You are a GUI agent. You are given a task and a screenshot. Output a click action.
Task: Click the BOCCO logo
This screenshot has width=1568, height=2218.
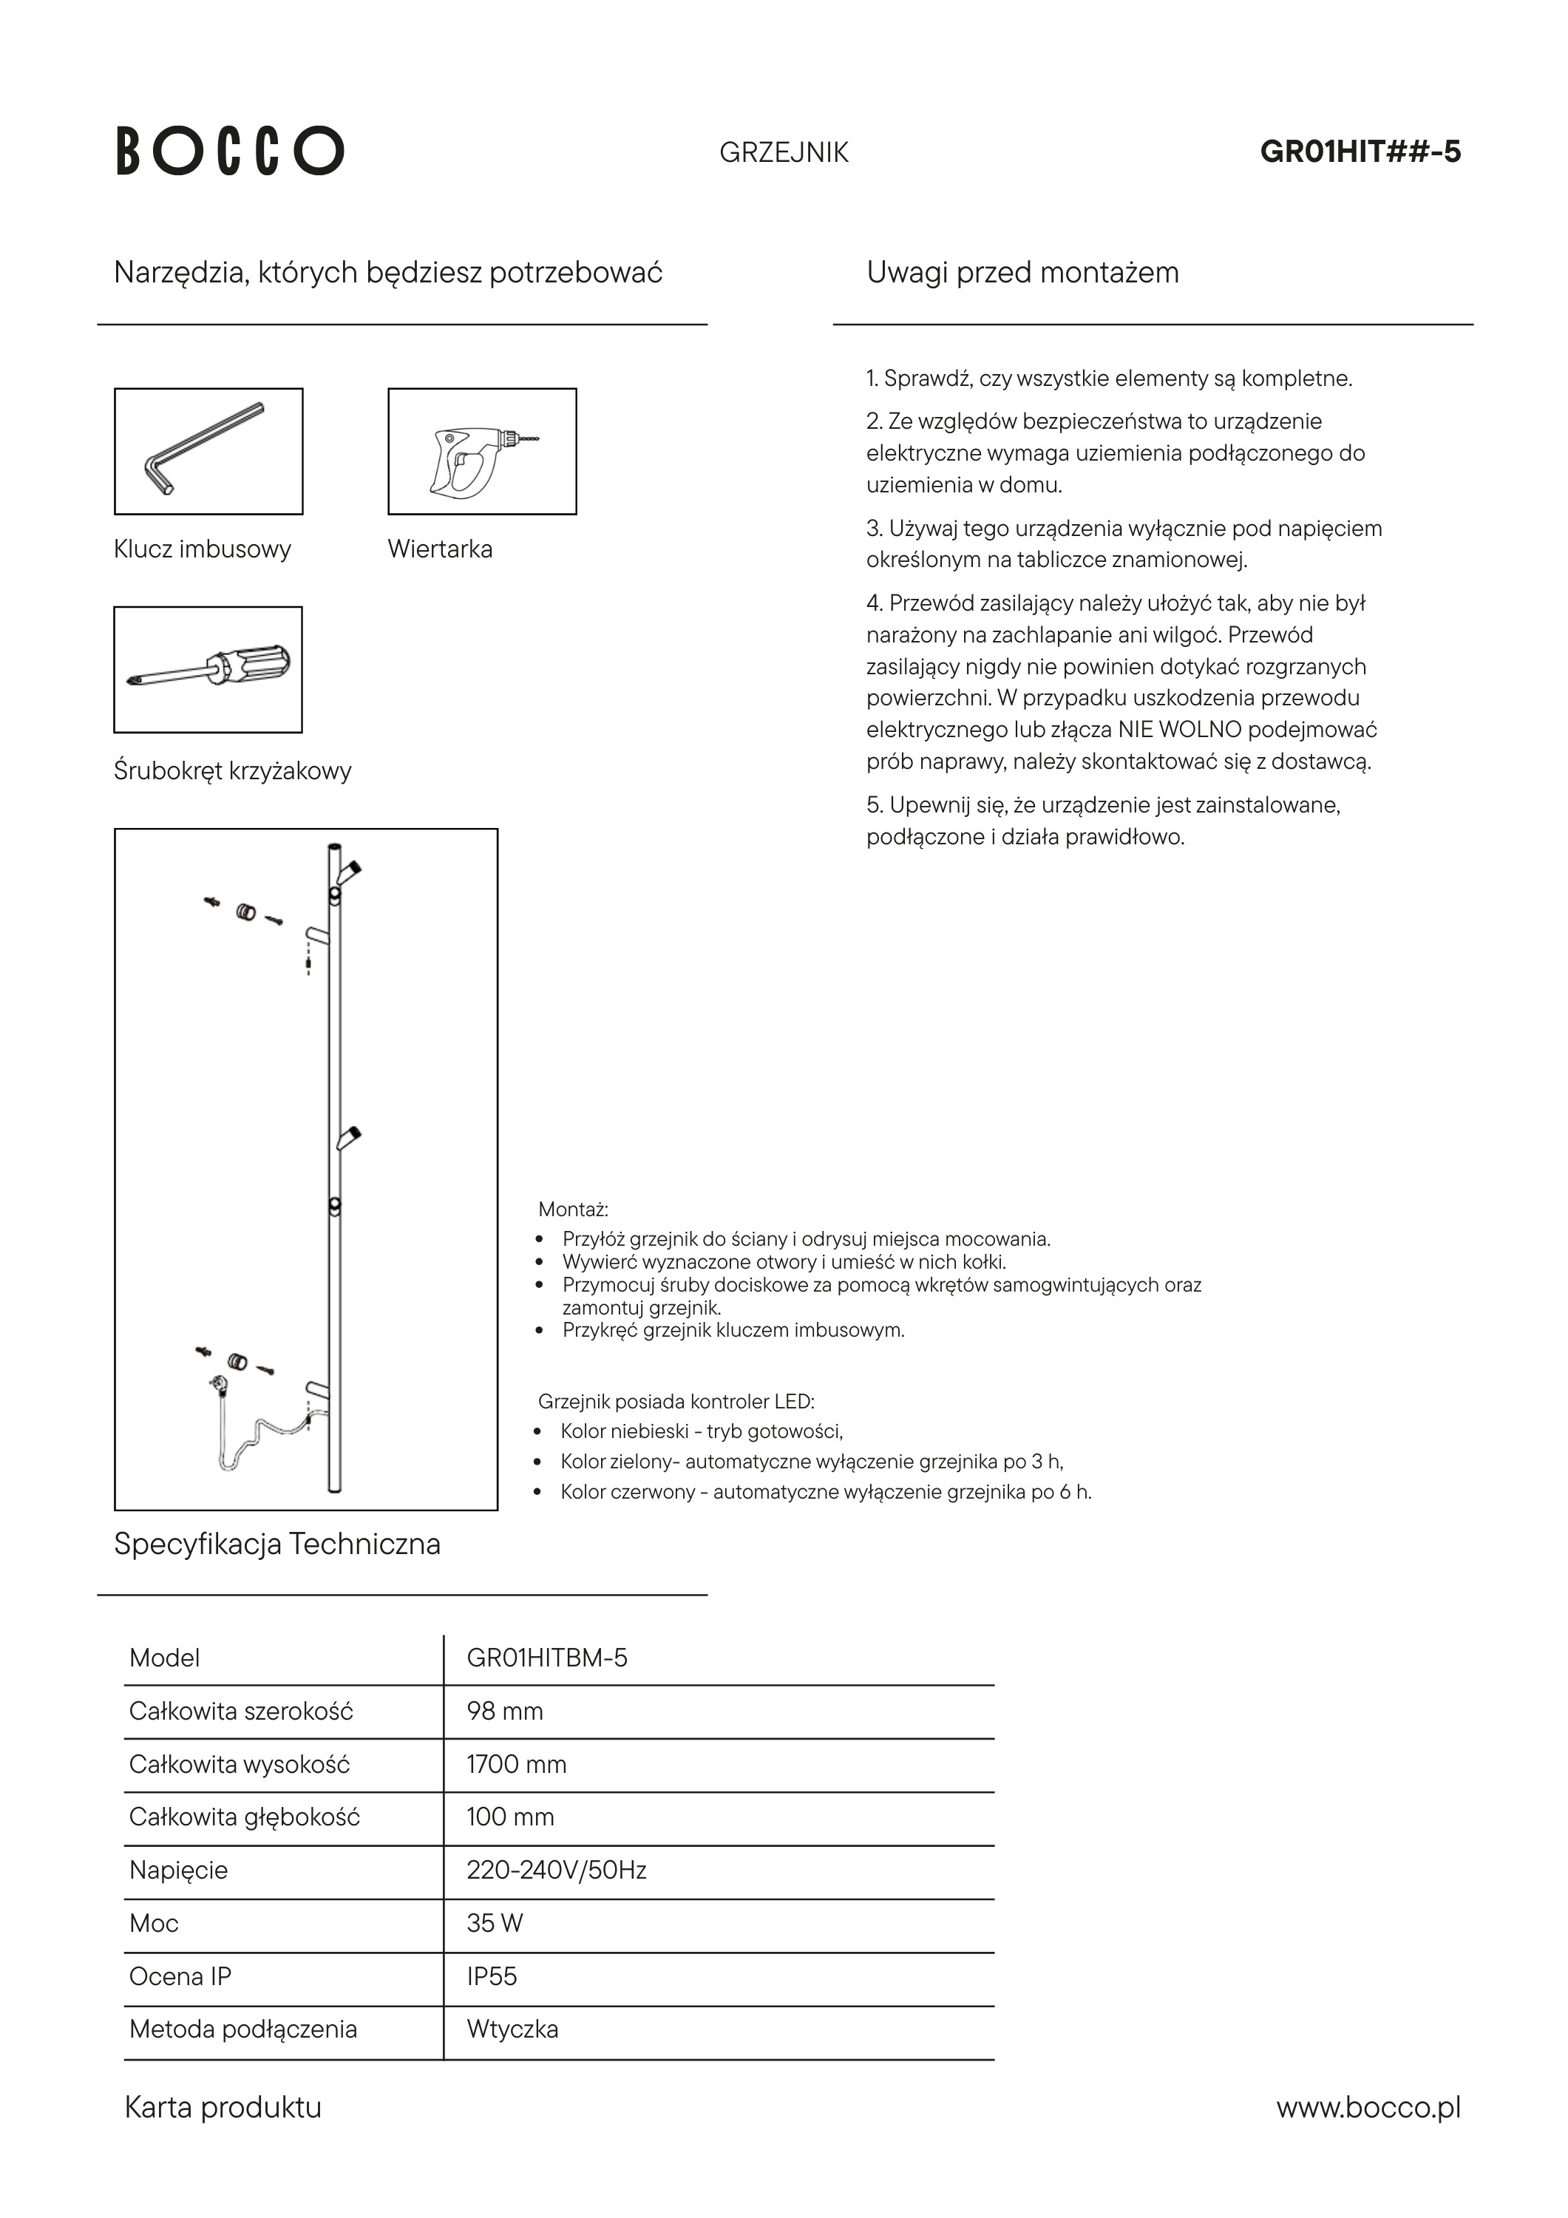[230, 151]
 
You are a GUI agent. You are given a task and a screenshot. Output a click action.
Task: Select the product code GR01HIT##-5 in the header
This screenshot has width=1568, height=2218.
[1360, 152]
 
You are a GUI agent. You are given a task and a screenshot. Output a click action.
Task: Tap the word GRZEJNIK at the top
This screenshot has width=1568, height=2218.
[784, 152]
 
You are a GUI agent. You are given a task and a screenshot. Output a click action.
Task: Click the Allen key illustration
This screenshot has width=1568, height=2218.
[208, 451]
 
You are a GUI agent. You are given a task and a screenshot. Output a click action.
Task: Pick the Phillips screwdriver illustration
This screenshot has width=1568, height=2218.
[208, 669]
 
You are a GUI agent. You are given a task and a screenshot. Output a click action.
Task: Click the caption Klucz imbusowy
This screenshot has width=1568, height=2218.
[202, 549]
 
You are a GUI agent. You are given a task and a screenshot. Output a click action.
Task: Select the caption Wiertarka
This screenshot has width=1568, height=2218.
[440, 549]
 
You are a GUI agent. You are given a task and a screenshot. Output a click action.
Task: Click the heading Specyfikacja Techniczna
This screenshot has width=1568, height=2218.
[276, 1544]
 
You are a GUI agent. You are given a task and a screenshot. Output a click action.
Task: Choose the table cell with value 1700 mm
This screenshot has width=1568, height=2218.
[516, 1764]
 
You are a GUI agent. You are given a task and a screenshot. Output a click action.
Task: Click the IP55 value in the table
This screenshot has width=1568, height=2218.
[491, 1976]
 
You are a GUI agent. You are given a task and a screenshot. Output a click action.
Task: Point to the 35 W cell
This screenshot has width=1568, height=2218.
[494, 1923]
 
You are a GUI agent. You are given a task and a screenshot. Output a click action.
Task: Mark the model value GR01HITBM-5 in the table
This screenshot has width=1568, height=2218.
[547, 1658]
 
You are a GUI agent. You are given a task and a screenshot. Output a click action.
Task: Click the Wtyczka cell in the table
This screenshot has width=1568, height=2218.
[512, 2029]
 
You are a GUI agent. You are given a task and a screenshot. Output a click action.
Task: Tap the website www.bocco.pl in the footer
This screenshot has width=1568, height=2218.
[1368, 2107]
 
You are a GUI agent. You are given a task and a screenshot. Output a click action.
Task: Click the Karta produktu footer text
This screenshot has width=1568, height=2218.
[223, 2107]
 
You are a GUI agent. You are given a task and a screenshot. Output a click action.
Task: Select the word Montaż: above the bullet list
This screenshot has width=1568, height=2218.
[573, 1210]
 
